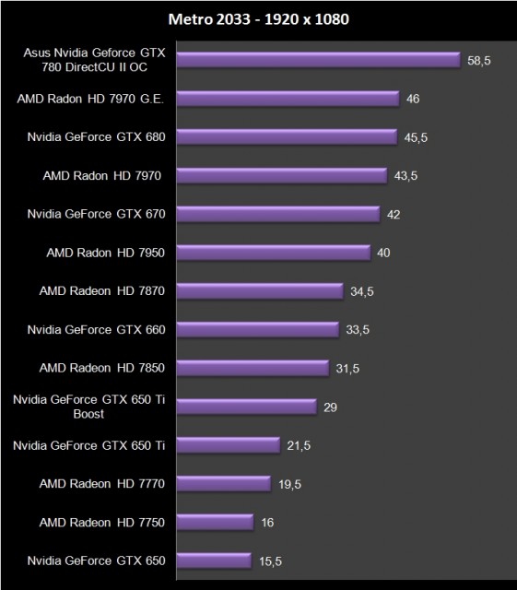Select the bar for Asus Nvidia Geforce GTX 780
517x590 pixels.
[x=317, y=60]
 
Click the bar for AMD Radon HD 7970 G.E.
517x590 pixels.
[x=287, y=99]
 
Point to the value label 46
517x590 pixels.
[x=414, y=99]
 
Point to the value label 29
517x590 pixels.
[x=331, y=407]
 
